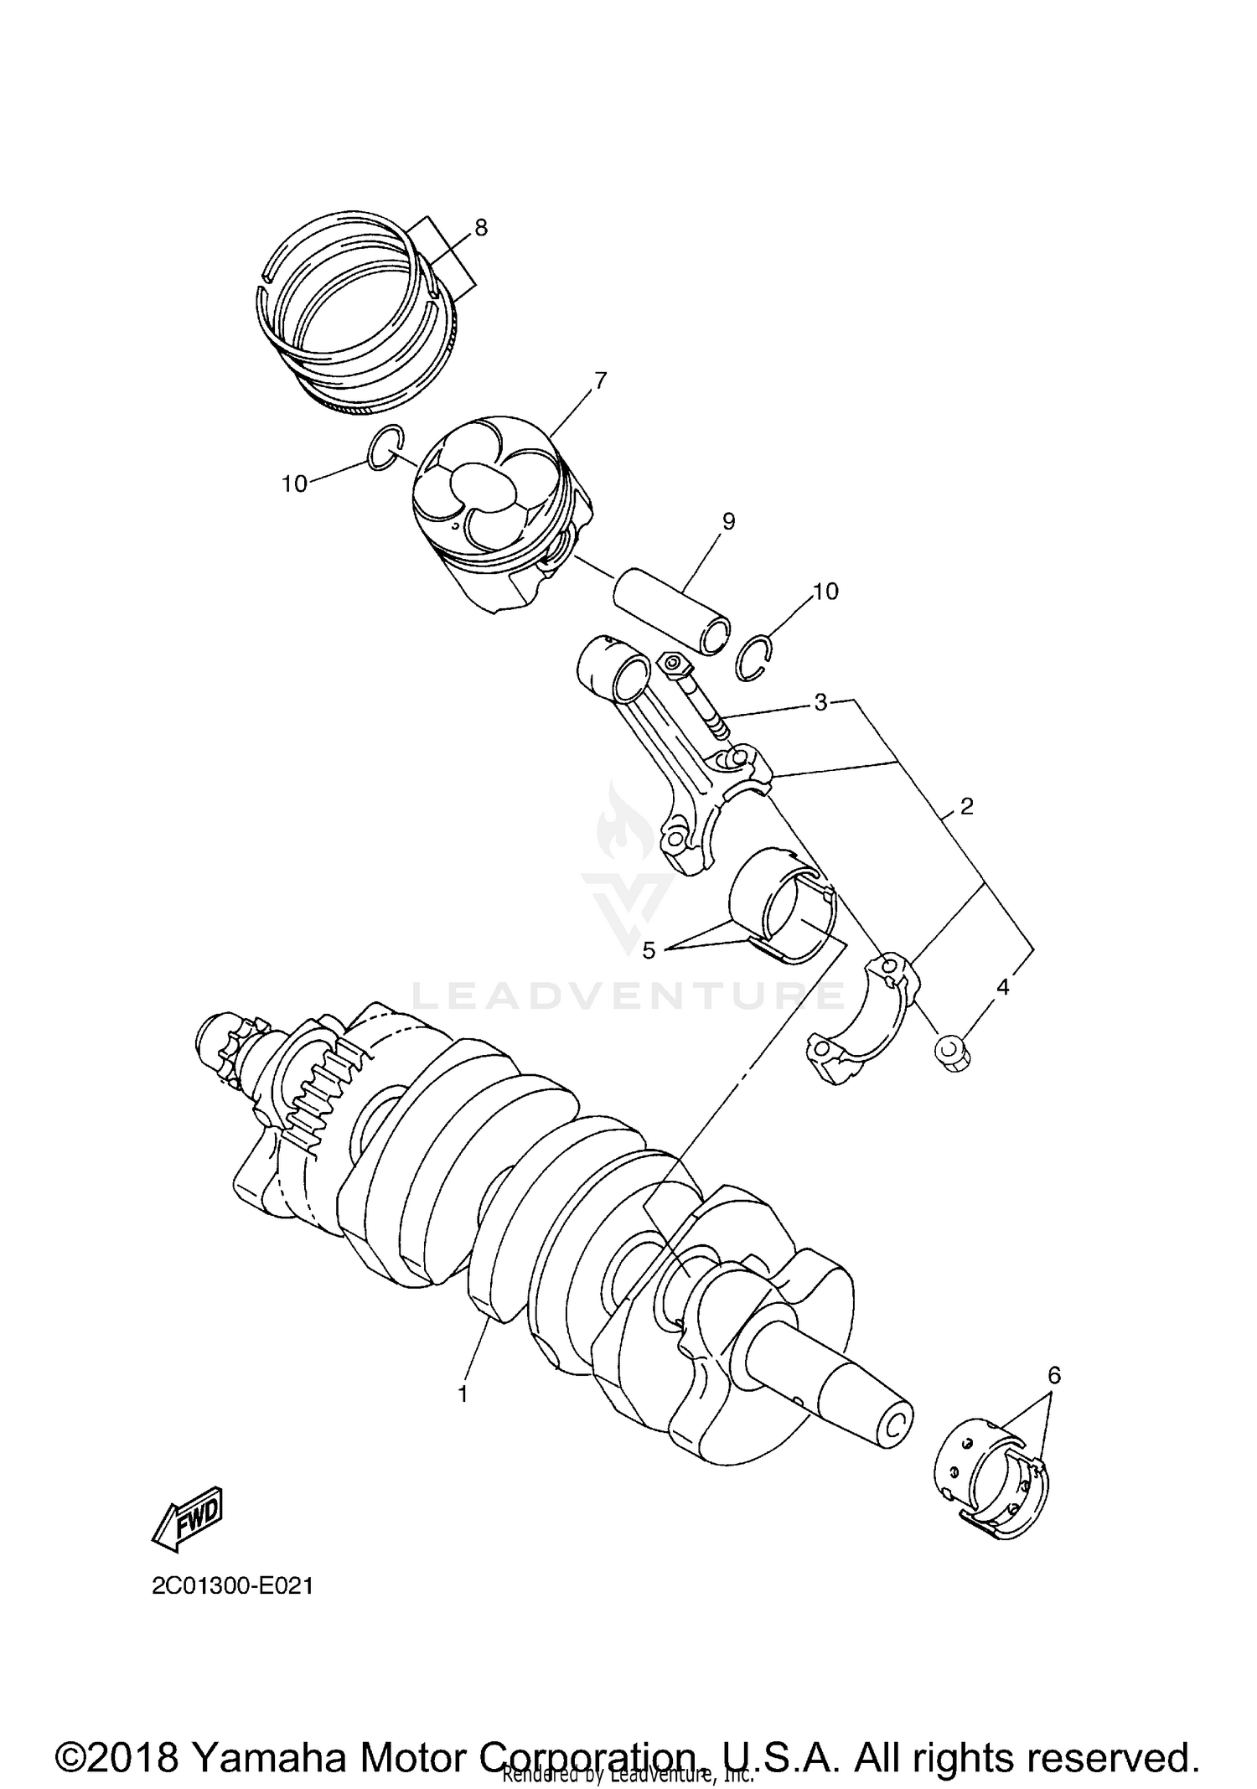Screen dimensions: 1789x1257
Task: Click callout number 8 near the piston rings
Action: click(x=480, y=228)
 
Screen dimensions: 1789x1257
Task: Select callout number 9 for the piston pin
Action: click(x=727, y=522)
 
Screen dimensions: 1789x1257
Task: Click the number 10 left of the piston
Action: click(x=294, y=483)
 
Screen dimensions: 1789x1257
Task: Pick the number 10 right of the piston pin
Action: click(x=825, y=592)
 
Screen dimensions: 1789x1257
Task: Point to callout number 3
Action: click(x=820, y=702)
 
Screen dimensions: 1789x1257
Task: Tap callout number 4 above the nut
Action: click(x=1002, y=987)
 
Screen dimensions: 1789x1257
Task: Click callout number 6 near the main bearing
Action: click(x=1053, y=1375)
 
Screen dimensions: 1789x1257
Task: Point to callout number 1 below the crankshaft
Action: click(x=462, y=1394)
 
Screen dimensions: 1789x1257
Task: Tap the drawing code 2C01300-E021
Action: click(x=232, y=1586)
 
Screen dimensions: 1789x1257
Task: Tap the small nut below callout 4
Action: click(x=952, y=1052)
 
